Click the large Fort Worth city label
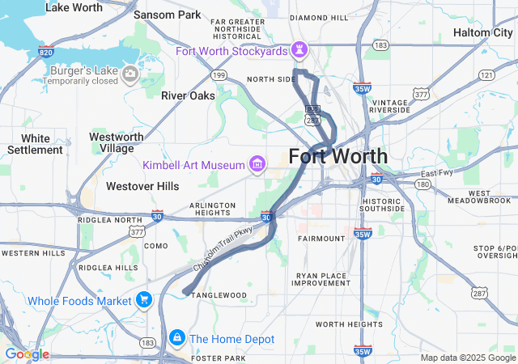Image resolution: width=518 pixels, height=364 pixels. pos(338,156)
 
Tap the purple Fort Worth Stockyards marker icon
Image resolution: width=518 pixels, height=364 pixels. pos(300,51)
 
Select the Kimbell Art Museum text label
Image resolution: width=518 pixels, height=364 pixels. pos(193,165)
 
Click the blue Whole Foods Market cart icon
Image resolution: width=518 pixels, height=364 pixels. pos(144,301)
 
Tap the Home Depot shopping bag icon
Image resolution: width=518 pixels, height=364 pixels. pos(176,337)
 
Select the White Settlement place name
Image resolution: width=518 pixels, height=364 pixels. pos(35,144)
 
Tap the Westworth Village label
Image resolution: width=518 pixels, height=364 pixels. pos(117,142)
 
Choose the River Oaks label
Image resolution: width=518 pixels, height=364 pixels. pos(188,95)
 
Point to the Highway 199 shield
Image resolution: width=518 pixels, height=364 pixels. pos(218,75)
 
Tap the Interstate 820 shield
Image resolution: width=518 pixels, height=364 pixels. pos(46,51)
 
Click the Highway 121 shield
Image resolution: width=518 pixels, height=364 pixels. pos(486,74)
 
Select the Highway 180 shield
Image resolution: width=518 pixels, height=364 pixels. pos(422,184)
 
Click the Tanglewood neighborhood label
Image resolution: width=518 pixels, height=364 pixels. pos(219,295)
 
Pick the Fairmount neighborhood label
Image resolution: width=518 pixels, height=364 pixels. pos(321,239)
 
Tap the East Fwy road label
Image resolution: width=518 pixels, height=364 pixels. pos(437,173)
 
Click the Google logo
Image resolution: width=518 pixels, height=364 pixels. pos(27,354)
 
